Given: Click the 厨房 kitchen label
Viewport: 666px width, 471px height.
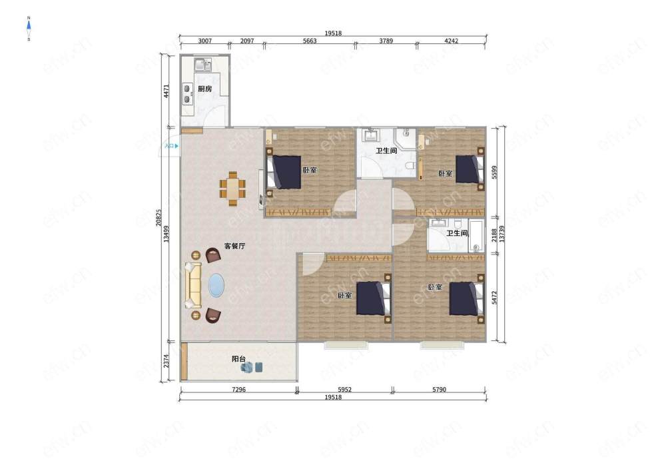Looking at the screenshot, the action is click(x=204, y=89).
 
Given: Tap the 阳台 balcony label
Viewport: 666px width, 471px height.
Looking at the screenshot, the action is click(x=238, y=359).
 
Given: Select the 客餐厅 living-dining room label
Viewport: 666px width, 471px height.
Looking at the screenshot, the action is click(x=235, y=246).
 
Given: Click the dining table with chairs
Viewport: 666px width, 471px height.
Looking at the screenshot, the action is click(x=232, y=189).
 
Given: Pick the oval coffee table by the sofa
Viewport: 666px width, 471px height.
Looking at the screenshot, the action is click(x=216, y=285).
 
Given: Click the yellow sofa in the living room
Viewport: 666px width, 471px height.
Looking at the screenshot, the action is click(x=193, y=285).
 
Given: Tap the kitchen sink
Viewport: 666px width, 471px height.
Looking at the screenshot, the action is click(x=203, y=65).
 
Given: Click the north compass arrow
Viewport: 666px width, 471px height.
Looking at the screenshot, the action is click(x=29, y=29).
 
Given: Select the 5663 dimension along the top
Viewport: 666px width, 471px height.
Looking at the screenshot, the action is click(x=310, y=41).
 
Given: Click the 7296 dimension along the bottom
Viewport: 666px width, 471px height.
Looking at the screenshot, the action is click(x=238, y=390).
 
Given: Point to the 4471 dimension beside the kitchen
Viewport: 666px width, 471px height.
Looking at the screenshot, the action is click(x=166, y=91).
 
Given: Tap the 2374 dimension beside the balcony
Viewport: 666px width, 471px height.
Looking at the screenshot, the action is click(x=166, y=362).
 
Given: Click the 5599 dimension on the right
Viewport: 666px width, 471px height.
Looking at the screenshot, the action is click(x=494, y=173).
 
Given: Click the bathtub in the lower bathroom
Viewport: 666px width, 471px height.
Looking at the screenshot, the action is click(x=476, y=236).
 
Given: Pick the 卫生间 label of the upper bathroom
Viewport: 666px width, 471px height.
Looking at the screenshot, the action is click(x=386, y=151).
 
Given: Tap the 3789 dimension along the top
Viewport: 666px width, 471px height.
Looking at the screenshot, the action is click(x=386, y=41).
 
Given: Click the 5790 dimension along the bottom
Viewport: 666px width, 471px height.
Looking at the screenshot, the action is click(x=439, y=390).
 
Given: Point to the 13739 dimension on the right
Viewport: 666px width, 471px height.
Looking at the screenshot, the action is click(x=502, y=234).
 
